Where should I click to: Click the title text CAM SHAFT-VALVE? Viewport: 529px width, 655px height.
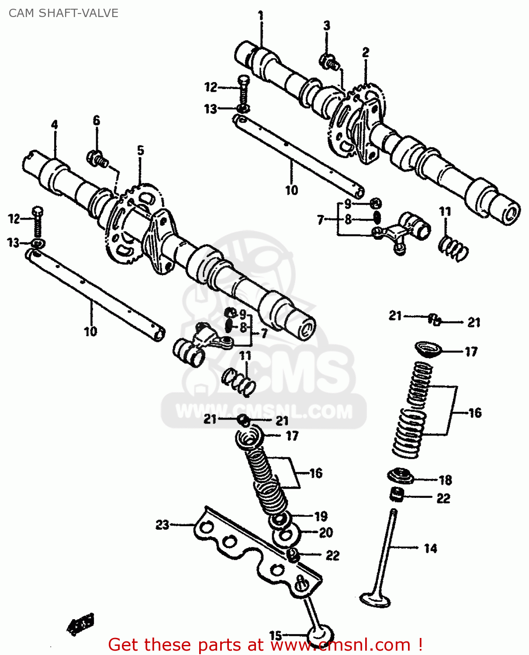(63, 13)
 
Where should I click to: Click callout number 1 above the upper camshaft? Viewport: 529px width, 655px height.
(261, 16)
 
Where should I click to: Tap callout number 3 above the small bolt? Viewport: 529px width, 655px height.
(327, 26)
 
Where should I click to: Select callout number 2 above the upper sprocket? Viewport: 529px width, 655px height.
(366, 52)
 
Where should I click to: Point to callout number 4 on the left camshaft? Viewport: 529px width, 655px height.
(54, 125)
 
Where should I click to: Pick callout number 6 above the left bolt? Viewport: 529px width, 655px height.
(97, 121)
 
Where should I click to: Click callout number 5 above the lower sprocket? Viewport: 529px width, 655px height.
(140, 151)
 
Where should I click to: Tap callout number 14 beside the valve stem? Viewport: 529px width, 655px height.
(430, 548)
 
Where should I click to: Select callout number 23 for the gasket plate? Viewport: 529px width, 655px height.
(162, 524)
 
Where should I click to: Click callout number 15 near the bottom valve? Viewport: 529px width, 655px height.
(275, 635)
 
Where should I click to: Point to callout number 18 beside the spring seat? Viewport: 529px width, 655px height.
(445, 480)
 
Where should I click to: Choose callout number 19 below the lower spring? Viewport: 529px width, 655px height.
(321, 517)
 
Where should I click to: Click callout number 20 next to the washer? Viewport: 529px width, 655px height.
(326, 533)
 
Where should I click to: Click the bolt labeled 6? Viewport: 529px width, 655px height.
(97, 159)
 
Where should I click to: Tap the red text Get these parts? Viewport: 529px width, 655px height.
(185, 645)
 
